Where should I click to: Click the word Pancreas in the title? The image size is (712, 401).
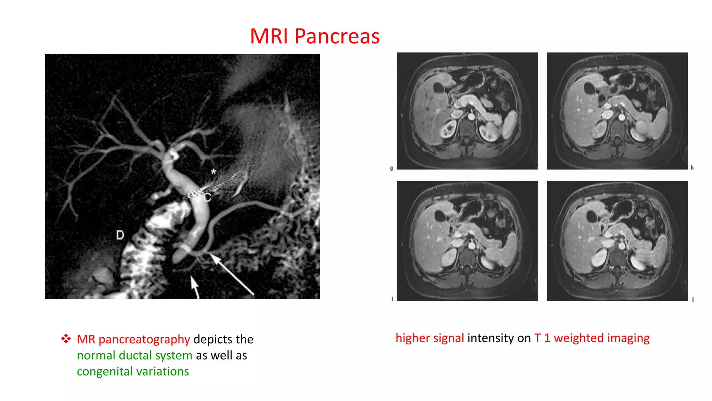click(337, 36)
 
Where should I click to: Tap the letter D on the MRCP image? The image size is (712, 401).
click(120, 235)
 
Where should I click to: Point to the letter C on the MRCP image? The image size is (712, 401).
click(207, 197)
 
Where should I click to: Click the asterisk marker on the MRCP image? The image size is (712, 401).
click(213, 172)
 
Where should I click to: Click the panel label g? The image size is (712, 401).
click(391, 168)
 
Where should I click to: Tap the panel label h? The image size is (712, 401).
click(692, 168)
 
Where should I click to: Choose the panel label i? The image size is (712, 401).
click(392, 299)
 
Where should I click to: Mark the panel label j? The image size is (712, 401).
click(693, 299)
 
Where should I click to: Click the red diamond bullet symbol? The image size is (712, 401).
click(66, 339)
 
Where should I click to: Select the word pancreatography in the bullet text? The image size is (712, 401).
click(144, 339)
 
